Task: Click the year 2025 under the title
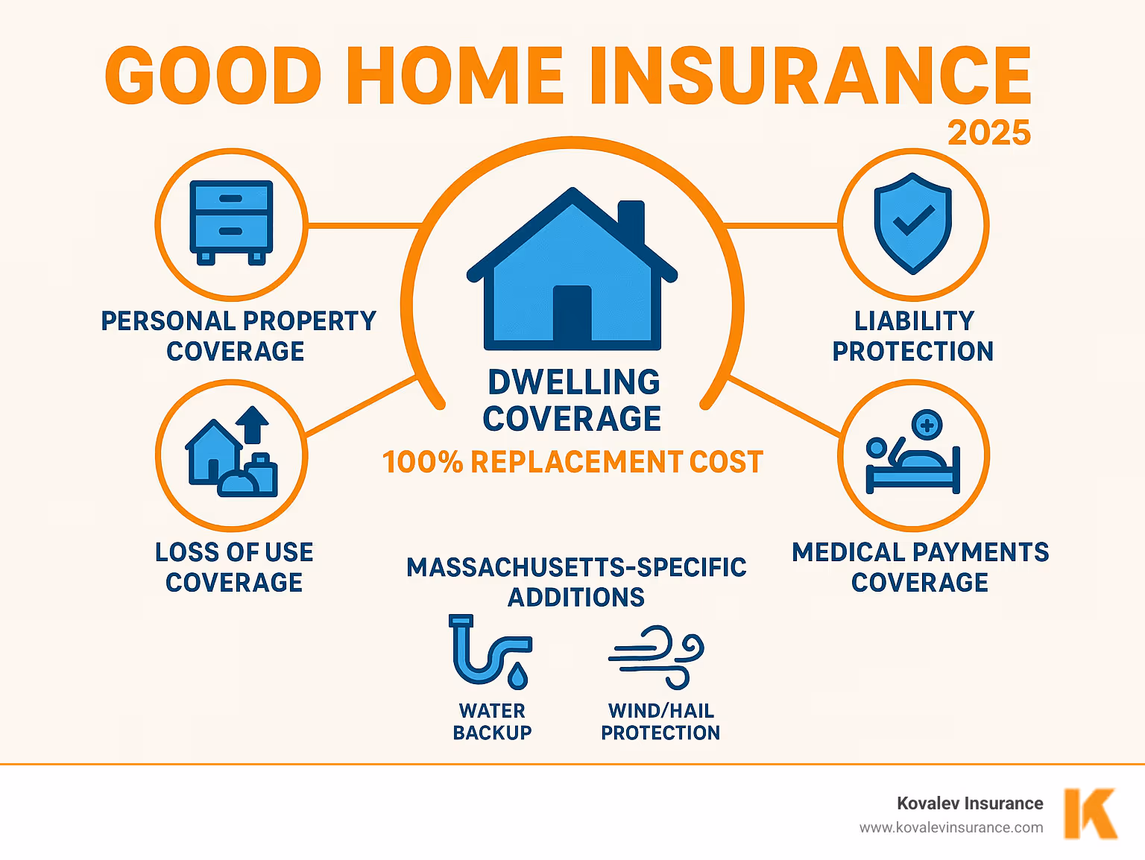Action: [x=988, y=133]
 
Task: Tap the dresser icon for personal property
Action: [x=231, y=222]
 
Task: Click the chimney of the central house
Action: [x=631, y=221]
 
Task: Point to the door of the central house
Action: [x=572, y=313]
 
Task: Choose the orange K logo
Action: [x=1089, y=813]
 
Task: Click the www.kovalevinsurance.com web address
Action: [x=950, y=827]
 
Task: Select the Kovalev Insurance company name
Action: [x=969, y=803]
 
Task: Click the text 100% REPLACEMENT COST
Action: [x=572, y=462]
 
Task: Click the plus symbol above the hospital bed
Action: [x=927, y=426]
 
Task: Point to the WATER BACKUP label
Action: [x=492, y=721]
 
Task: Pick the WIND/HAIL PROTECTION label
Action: [x=660, y=721]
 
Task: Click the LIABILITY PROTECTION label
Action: [x=913, y=336]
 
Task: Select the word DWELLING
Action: [x=573, y=382]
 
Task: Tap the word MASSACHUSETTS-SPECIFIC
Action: [x=575, y=567]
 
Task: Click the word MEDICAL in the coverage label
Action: [x=848, y=552]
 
